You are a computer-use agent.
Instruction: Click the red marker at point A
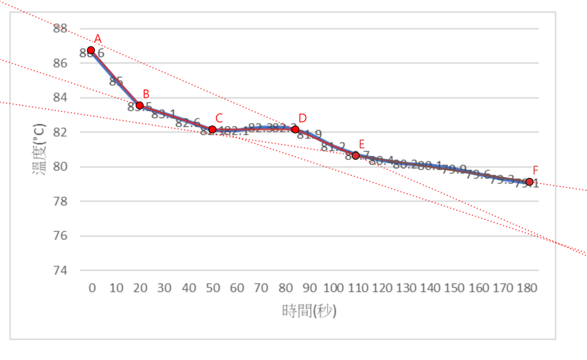91,50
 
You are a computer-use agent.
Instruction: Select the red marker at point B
140,105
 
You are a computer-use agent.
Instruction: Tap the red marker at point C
213,130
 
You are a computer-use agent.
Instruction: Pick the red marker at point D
295,130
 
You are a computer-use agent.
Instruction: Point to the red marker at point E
356,155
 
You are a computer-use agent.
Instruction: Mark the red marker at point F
529,182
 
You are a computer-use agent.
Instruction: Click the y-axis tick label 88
60,28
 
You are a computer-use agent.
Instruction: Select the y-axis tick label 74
60,270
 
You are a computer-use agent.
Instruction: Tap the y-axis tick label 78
60,201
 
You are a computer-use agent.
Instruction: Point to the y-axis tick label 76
60,236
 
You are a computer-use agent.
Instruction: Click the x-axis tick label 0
92,288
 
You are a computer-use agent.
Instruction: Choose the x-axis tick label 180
527,288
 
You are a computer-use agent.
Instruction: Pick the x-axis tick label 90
310,288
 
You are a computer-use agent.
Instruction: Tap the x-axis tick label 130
406,288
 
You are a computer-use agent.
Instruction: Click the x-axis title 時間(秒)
309,311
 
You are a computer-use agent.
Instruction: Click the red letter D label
303,118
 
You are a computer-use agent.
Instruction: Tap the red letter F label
535,170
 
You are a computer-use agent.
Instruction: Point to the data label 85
116,81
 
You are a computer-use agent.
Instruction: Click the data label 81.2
332,147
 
